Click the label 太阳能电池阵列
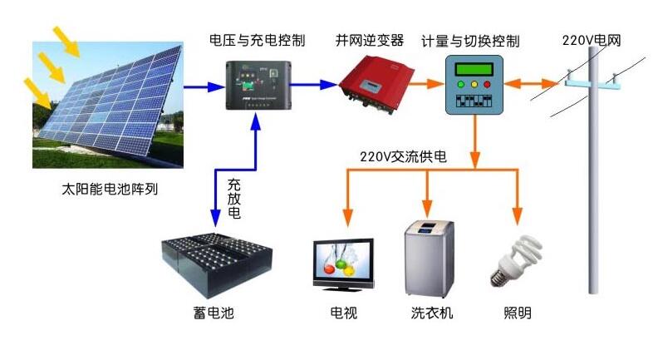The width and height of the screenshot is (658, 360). click(x=110, y=190)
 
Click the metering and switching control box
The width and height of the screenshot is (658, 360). click(x=475, y=85)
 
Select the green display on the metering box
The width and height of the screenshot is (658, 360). click(x=475, y=68)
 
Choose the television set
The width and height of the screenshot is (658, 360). click(x=343, y=264)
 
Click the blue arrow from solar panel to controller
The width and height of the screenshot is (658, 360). click(x=203, y=85)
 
